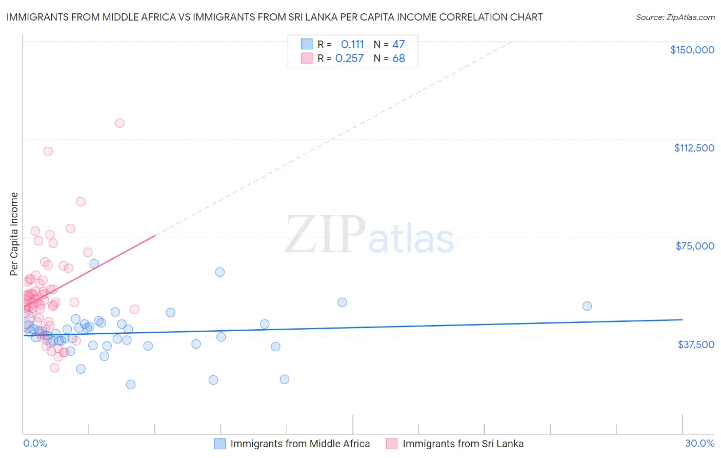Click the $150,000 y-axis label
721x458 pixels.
[692, 50]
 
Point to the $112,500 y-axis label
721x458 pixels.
[694, 148]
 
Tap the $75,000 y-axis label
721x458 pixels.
[695, 246]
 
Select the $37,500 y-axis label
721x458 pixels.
[696, 345]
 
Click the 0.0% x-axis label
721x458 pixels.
[35, 443]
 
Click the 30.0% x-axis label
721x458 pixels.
[699, 443]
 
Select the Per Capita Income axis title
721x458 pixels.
[14, 234]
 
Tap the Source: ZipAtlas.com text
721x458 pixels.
[675, 17]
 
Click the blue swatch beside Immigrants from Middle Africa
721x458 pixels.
[220, 444]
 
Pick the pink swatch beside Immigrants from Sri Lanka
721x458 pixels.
[392, 444]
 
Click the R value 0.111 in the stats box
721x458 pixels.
[352, 45]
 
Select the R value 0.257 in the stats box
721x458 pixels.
[349, 59]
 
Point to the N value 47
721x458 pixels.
[398, 45]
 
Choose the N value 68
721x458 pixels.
[398, 59]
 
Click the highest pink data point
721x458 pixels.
[119, 123]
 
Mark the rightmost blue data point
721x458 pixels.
[587, 306]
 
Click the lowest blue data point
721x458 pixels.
[131, 385]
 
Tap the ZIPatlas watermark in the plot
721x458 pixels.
[369, 235]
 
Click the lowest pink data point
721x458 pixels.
[54, 368]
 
